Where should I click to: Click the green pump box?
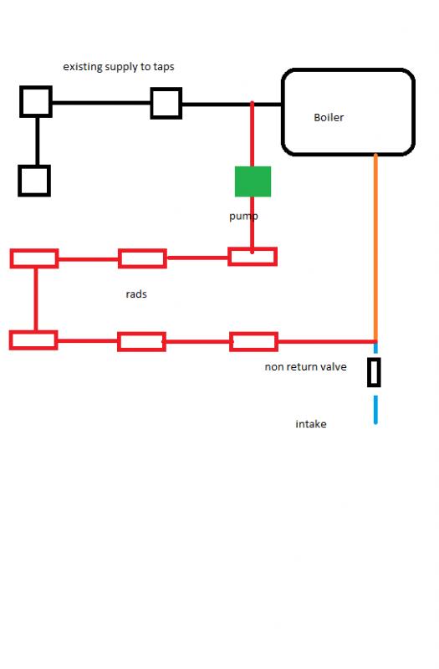tap(253, 181)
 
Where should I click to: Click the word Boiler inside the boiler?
tap(329, 117)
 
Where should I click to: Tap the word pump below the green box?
tap(243, 217)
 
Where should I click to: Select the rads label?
tap(136, 294)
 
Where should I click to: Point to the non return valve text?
tap(305, 366)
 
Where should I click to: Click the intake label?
tap(311, 424)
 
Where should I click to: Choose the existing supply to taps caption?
tap(119, 67)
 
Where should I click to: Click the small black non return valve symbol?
tap(374, 372)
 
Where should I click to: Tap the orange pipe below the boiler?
tap(375, 248)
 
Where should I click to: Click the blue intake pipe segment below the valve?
tap(375, 410)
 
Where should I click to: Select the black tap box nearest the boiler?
tap(166, 103)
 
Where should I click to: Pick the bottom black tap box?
tap(34, 181)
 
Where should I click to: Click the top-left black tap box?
tap(36, 101)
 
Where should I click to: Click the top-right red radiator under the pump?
tap(253, 248)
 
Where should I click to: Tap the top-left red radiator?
tap(34, 251)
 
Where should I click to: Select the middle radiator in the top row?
tap(142, 251)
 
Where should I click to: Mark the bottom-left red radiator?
tap(33, 332)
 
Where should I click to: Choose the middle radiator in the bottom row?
tap(141, 334)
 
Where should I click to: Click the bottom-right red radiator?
tap(254, 334)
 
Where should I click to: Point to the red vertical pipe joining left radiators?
tap(35, 299)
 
